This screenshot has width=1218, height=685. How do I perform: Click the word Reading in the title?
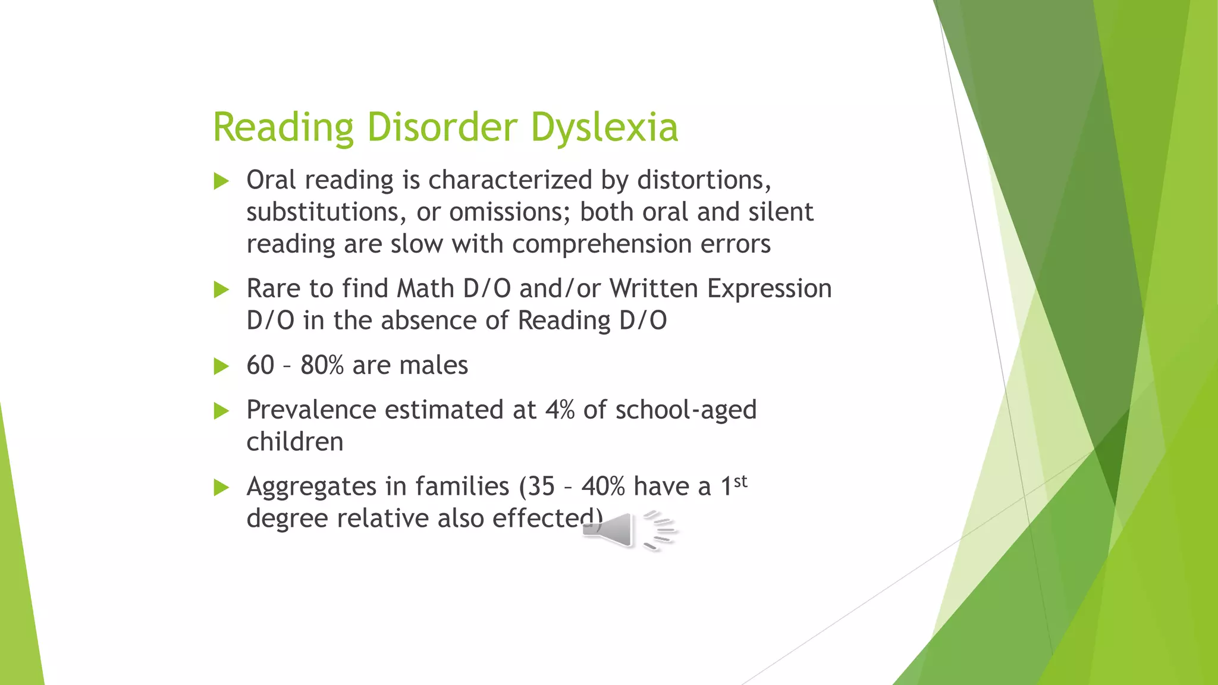283,127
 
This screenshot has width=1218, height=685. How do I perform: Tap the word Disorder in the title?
442,127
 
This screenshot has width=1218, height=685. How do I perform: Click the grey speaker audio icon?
629,529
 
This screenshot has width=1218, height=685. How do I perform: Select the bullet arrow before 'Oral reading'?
221,181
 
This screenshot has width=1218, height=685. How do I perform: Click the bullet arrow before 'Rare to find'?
221,290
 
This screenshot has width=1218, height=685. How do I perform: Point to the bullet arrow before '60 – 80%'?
221,366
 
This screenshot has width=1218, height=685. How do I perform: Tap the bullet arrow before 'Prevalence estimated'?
221,410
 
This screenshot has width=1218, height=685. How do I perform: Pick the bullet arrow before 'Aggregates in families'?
221,488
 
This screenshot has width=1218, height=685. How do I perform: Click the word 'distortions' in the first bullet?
704,180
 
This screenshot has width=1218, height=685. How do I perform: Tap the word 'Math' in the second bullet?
425,289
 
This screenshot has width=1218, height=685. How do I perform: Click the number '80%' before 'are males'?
322,366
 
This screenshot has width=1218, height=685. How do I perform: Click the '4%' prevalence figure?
559,410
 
